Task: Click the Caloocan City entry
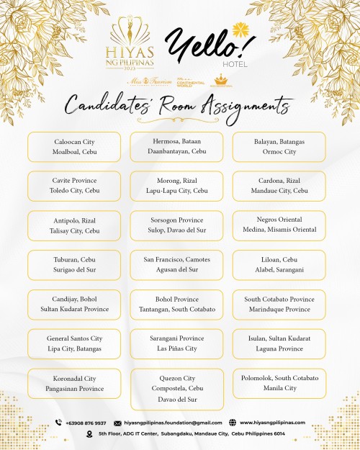click(73, 142)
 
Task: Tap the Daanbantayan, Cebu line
click(176, 152)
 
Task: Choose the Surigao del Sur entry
click(73, 269)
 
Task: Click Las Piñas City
click(176, 348)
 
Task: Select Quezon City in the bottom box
click(176, 378)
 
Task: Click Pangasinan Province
click(73, 388)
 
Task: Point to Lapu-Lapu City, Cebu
click(176, 191)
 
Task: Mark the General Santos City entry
click(74, 338)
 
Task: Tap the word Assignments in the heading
click(249, 106)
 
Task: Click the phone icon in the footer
click(58, 423)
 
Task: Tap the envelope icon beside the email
click(117, 423)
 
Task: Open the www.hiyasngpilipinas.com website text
click(272, 423)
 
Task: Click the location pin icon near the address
click(89, 433)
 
